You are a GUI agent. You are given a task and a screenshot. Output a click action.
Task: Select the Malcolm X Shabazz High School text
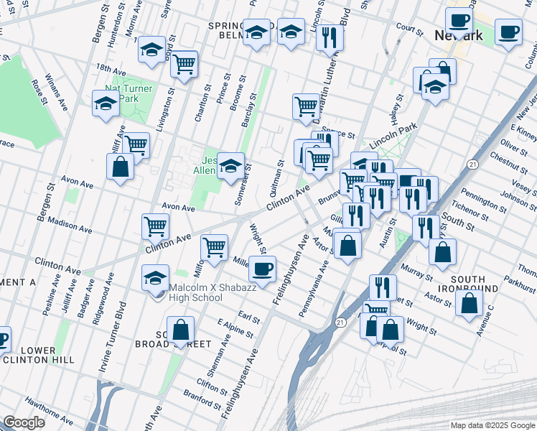click(205, 293)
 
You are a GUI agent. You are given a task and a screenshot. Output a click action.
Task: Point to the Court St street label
click(406, 28)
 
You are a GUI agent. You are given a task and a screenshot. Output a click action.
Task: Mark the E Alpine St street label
click(235, 330)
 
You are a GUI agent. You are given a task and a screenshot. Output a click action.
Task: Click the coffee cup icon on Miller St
click(262, 269)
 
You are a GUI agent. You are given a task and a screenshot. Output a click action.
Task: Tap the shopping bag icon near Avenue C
click(469, 302)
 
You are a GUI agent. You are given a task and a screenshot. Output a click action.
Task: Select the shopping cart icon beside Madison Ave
click(155, 226)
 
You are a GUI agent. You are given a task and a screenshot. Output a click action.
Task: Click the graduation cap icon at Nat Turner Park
click(106, 103)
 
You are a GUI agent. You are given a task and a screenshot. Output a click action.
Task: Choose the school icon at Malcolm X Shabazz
click(155, 279)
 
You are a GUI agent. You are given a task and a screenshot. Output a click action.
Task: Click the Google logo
click(24, 422)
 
